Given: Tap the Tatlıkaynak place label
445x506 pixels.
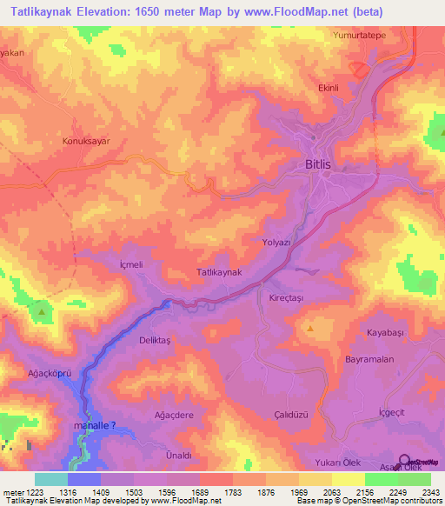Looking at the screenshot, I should pos(225,272).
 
